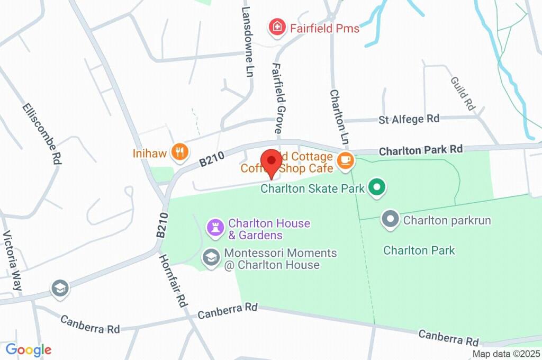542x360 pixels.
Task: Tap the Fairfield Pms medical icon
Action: click(x=276, y=27)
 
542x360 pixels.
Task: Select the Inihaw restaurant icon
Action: click(x=180, y=152)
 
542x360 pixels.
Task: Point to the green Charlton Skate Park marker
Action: click(x=376, y=187)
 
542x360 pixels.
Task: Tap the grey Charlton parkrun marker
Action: click(x=391, y=219)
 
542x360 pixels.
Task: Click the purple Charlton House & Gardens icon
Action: click(x=215, y=229)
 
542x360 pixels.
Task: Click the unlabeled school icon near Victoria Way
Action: click(x=60, y=289)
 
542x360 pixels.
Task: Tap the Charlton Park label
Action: click(x=419, y=250)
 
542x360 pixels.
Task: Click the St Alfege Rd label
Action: click(x=409, y=119)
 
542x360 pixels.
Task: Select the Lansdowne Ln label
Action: click(x=246, y=42)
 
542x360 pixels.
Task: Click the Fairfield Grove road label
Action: click(x=276, y=98)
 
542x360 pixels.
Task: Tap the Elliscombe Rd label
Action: click(x=40, y=132)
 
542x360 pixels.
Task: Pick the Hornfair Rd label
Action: click(x=173, y=281)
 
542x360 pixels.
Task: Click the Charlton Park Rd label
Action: click(x=421, y=150)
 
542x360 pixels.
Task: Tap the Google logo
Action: click(x=28, y=349)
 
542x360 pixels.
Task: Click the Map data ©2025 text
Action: click(x=505, y=354)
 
